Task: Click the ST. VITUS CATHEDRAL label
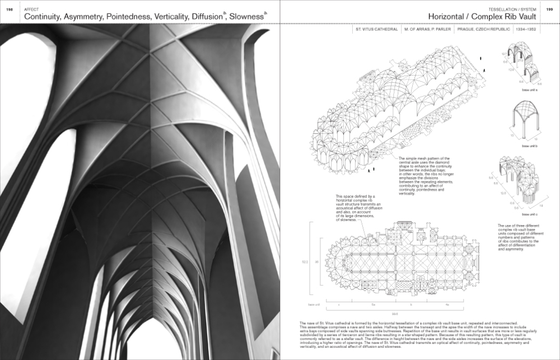click(x=377, y=29)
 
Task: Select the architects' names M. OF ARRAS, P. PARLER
click(x=427, y=29)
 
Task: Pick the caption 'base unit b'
click(x=529, y=146)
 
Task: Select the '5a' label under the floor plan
click(x=372, y=305)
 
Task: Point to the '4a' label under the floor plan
click(x=446, y=305)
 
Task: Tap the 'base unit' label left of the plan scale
click(x=314, y=305)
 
